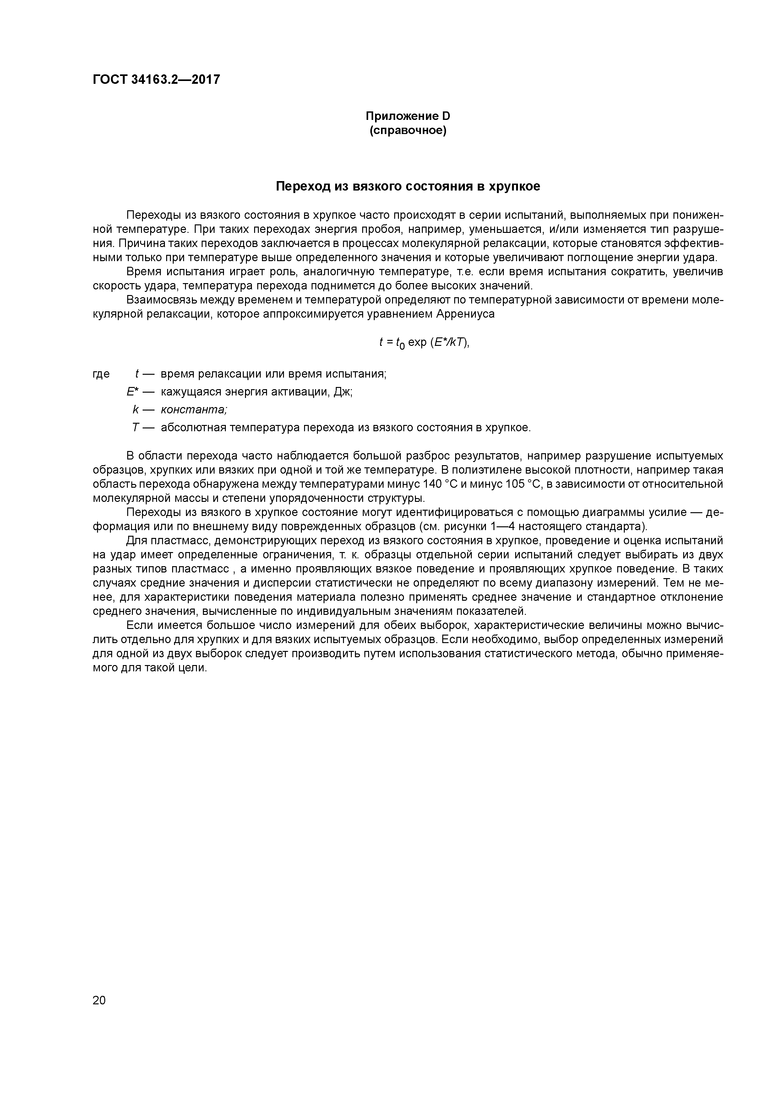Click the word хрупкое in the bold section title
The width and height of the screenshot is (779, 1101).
(514, 186)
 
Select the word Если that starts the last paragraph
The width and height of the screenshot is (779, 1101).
(139, 625)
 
